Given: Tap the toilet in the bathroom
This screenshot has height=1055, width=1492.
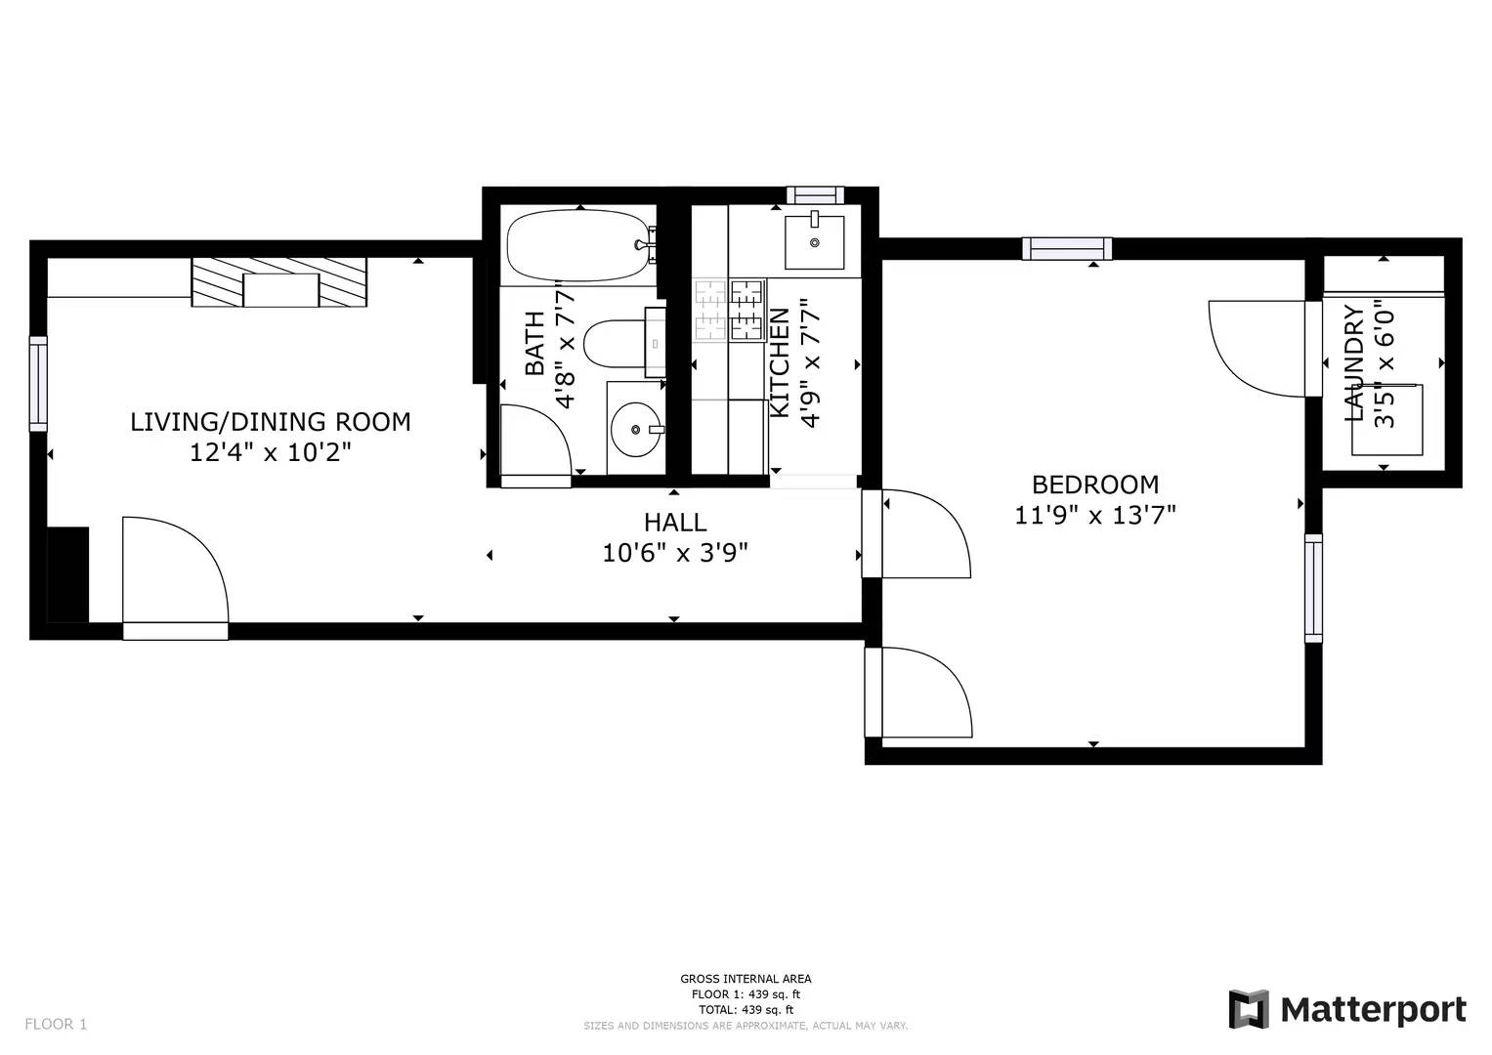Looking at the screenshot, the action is pos(623,343).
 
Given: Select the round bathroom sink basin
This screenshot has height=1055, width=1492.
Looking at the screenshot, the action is pos(636,429).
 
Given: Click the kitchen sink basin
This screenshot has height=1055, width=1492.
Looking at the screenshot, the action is pos(815,242).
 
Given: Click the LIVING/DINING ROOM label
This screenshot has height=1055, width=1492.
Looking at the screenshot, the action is pos(271,422).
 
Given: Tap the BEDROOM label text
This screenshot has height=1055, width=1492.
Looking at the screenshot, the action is pos(1095,485).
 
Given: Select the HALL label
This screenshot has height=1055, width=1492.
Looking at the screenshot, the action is pos(675,523).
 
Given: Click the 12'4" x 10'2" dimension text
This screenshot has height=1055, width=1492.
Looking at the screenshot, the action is pos(271,453).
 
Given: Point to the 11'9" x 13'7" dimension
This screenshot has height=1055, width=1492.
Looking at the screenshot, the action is pos(1095,516).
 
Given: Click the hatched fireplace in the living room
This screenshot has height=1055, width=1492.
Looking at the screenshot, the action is pos(279,282).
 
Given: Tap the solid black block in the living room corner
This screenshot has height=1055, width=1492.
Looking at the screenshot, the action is pos(68,574).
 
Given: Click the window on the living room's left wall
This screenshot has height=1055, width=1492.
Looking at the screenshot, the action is pos(38,384).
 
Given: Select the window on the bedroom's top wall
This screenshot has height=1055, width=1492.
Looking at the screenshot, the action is pos(1067,248).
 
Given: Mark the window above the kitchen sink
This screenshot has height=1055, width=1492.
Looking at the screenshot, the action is pos(815,195).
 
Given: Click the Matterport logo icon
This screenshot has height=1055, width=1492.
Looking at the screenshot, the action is pos(1248,1009).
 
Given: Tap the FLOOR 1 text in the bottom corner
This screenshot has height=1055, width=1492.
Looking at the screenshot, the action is pos(56,1025).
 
